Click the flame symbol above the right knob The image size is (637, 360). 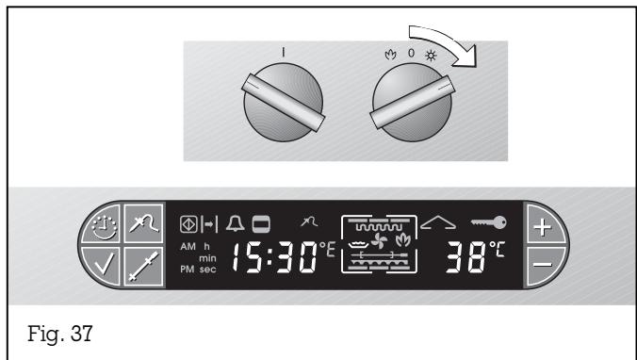[x=381, y=43]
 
